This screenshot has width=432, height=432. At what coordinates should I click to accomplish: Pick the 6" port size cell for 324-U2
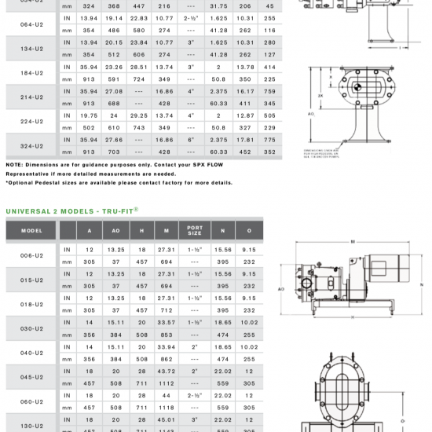pyautogui.click(x=191, y=139)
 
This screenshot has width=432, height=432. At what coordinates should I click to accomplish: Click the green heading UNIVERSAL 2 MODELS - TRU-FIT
pyautogui.click(x=73, y=211)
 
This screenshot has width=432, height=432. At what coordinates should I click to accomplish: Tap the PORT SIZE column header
pyautogui.click(x=195, y=231)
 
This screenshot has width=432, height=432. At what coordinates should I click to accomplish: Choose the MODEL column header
pyautogui.click(x=31, y=231)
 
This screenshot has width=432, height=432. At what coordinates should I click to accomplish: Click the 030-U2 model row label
pyautogui.click(x=31, y=328)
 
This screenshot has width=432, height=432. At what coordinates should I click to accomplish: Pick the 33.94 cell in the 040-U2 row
pyautogui.click(x=167, y=346)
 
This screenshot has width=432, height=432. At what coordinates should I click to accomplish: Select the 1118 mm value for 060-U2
pyautogui.click(x=167, y=408)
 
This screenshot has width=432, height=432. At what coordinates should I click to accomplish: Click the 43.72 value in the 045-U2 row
pyautogui.click(x=167, y=371)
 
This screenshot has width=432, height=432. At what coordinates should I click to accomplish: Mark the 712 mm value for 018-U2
pyautogui.click(x=167, y=310)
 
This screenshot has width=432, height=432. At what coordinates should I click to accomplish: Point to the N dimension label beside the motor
pyautogui.click(x=422, y=284)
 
